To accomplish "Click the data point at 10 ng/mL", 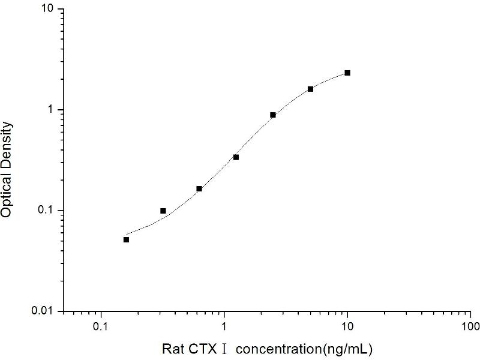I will click(x=347, y=73).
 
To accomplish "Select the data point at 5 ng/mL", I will click(x=310, y=89).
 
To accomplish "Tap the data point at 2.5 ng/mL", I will click(x=273, y=115).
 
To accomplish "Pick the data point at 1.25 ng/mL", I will click(x=236, y=157).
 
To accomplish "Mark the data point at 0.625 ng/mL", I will click(x=199, y=189).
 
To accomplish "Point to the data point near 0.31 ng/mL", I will click(x=163, y=211).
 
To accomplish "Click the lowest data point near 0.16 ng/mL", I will click(x=126, y=239).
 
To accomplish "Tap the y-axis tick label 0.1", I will click(x=47, y=211).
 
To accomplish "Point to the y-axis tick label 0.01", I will click(x=45, y=311).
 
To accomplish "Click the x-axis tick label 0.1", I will click(x=101, y=328).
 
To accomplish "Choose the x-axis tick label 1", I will click(x=224, y=328).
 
